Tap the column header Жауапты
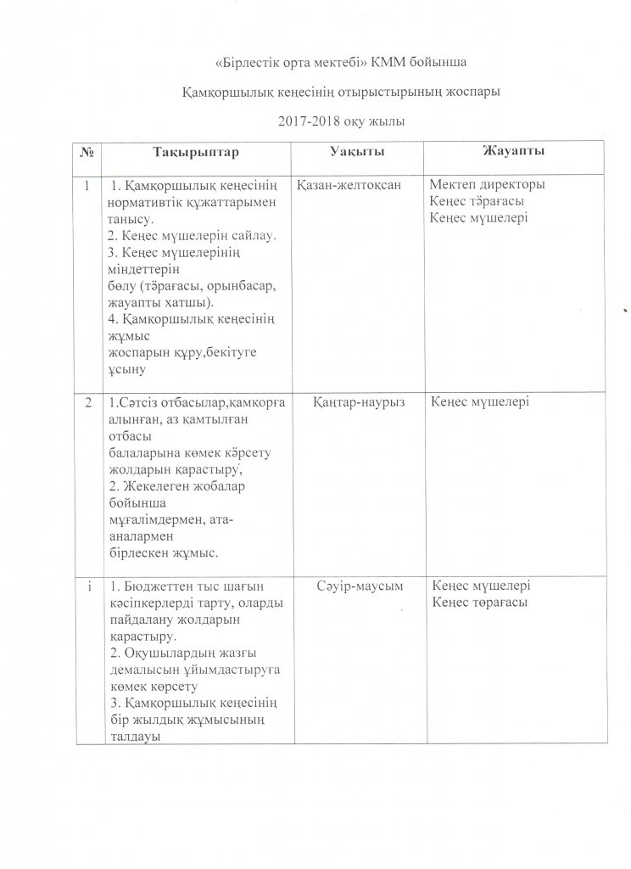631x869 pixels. click(513, 151)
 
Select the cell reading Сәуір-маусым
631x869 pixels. click(359, 586)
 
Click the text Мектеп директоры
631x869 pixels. click(488, 185)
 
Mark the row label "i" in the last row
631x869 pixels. click(88, 586)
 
